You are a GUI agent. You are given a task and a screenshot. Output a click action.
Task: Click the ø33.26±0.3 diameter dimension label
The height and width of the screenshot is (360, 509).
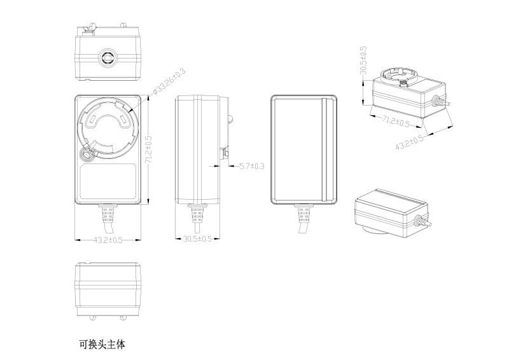(169, 83)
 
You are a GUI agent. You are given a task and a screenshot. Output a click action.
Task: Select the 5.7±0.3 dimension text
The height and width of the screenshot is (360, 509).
(251, 166)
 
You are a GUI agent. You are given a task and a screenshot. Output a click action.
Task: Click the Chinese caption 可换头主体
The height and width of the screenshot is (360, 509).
(102, 345)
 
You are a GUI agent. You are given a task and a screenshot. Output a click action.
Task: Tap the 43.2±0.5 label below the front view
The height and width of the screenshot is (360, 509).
(108, 240)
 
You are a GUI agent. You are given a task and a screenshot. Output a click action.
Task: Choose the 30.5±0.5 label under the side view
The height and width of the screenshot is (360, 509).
(197, 239)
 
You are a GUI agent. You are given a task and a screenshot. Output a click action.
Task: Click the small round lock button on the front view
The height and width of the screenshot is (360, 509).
(86, 153)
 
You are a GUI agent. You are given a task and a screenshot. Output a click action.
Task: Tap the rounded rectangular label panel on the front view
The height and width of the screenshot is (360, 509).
(108, 183)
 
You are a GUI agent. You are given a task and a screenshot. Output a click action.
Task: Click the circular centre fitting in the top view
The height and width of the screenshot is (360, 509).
(107, 58)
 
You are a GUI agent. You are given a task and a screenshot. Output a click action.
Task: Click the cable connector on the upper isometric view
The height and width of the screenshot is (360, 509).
(438, 100)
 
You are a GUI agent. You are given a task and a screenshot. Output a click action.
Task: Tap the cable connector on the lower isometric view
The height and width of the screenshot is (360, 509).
(420, 223)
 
